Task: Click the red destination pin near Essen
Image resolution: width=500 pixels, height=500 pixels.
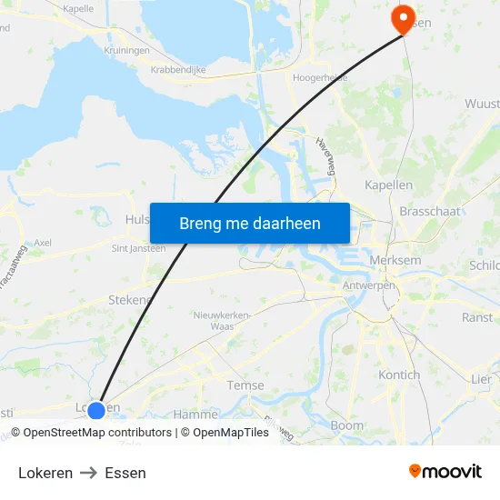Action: click(401, 18)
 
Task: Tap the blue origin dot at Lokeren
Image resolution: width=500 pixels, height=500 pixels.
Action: click(96, 410)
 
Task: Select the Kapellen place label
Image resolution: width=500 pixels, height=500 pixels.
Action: click(388, 185)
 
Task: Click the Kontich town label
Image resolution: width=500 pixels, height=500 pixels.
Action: click(399, 375)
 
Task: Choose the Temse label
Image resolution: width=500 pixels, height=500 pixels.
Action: click(245, 385)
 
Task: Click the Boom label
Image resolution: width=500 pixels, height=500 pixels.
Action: click(346, 425)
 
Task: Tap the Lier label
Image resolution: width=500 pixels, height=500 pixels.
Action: click(481, 378)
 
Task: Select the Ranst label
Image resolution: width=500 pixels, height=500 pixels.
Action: click(477, 317)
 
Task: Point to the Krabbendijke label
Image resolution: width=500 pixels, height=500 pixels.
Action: click(178, 69)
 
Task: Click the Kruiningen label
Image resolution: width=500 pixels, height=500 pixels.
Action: click(126, 50)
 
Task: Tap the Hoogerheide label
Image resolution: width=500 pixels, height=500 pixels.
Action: click(320, 78)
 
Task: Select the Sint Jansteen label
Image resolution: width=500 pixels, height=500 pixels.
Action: click(138, 247)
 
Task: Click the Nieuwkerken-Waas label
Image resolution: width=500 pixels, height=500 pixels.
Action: click(223, 320)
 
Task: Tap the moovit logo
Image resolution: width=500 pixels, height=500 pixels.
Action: click(445, 471)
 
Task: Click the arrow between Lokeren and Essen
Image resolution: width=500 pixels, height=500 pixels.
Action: click(89, 473)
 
